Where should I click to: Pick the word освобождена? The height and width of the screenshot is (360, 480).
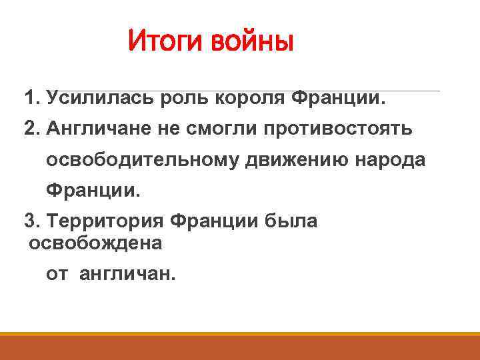pyautogui.click(x=95, y=243)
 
